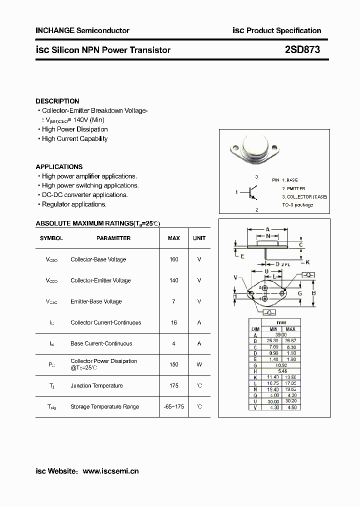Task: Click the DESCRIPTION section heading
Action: click(57, 101)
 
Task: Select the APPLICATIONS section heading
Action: click(59, 166)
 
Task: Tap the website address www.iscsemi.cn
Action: click(110, 470)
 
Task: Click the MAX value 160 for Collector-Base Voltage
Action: click(173, 259)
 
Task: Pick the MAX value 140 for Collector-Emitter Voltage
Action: click(173, 280)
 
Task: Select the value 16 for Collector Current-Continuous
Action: click(173, 322)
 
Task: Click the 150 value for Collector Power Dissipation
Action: click(173, 364)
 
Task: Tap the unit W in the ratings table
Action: click(199, 364)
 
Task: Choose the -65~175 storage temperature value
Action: click(173, 406)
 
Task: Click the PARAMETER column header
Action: click(113, 238)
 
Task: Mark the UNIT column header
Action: click(199, 238)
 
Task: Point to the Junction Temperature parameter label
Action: click(96, 385)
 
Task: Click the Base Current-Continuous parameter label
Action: click(101, 343)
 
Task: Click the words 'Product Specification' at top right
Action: click(284, 30)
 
